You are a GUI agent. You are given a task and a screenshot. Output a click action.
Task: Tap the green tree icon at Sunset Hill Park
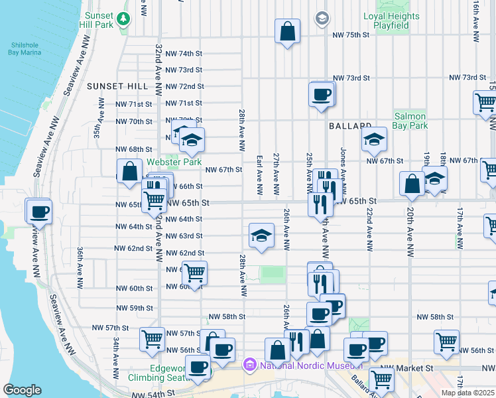pyautogui.click(x=123, y=19)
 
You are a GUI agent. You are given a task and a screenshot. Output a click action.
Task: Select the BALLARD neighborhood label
pyautogui.click(x=349, y=125)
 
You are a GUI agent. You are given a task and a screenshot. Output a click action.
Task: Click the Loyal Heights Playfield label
pyautogui.click(x=391, y=21)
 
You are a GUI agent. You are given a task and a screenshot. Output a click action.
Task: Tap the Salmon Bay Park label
pyautogui.click(x=410, y=120)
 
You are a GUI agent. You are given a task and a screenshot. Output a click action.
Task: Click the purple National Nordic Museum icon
pyautogui.click(x=249, y=364)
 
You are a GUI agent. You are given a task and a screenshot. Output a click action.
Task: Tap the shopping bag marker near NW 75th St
pyautogui.click(x=287, y=31)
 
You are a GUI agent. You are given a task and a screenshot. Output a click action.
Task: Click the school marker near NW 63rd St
pyautogui.click(x=261, y=235)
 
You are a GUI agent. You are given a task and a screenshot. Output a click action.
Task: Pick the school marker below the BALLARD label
pyautogui.click(x=374, y=139)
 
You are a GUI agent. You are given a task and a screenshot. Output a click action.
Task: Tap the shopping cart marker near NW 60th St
pyautogui.click(x=194, y=273)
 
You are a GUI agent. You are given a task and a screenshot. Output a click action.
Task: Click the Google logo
pyautogui.click(x=22, y=389)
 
